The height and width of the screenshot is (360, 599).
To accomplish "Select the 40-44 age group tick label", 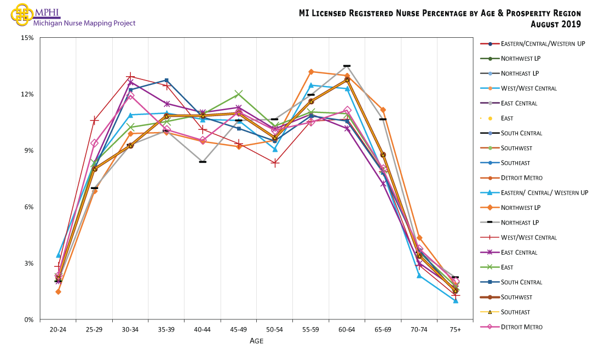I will (203, 330).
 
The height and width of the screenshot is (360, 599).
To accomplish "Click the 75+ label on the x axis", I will (456, 330).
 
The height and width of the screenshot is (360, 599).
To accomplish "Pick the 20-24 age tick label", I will (58, 330).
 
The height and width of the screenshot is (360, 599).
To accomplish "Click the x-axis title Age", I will (257, 341).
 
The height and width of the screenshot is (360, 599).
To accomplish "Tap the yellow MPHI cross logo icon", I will (21, 14).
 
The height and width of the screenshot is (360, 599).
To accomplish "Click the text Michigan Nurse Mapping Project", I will (84, 24).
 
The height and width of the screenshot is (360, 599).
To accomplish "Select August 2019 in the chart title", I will (556, 24).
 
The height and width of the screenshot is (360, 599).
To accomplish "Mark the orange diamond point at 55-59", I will (311, 72).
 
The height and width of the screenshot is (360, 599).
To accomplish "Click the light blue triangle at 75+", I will (456, 300).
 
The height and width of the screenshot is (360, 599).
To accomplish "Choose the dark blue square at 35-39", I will (166, 81).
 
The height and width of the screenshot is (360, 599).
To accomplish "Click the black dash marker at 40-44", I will (203, 162).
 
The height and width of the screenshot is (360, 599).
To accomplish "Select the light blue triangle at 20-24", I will (58, 255).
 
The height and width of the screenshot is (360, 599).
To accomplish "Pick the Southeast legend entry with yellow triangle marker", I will (520, 312).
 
